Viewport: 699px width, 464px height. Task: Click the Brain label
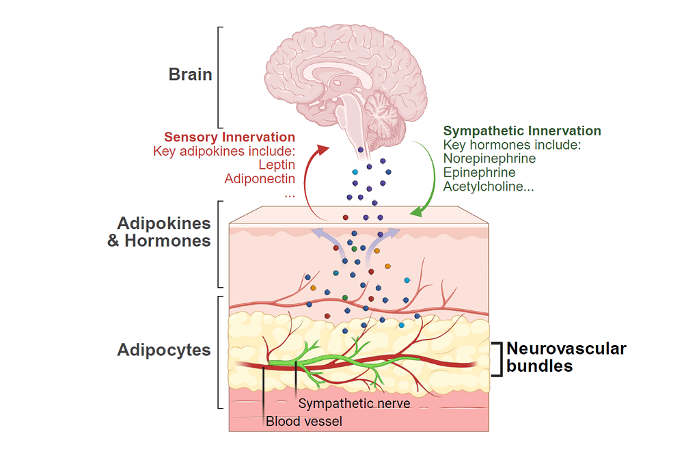click(190, 74)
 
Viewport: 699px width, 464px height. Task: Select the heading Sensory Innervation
click(230, 137)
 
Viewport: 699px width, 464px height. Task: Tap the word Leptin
click(277, 165)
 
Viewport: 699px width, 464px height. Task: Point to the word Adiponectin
click(260, 179)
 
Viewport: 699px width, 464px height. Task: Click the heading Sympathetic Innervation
click(522, 131)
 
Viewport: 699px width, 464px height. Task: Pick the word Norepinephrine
click(489, 159)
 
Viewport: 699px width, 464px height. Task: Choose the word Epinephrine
click(480, 172)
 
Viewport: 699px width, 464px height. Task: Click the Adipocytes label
click(164, 350)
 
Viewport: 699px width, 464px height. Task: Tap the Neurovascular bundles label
click(566, 357)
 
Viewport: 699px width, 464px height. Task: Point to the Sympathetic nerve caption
click(354, 403)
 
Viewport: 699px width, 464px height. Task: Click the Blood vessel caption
click(303, 421)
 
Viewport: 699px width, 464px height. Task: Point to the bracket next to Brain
click(220, 77)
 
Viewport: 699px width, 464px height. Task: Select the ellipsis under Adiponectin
click(289, 194)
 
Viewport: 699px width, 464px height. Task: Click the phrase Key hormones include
click(511, 145)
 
